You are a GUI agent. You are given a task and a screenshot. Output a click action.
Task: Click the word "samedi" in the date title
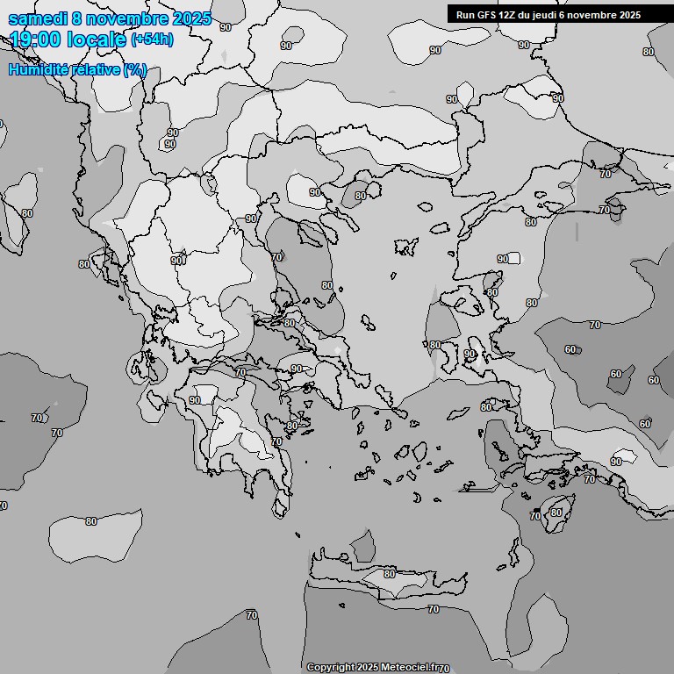pos(34,18)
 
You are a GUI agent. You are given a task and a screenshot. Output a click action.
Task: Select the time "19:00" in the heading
pos(37,39)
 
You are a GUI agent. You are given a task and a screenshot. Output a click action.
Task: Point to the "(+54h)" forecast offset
pos(152,39)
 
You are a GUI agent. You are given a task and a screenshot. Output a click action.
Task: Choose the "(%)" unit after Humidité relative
pos(135,69)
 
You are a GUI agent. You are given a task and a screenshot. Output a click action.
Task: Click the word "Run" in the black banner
pos(464,15)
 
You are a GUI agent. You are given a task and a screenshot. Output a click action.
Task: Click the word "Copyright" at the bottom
pos(330,668)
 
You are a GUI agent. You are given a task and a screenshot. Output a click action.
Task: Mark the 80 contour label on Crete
pos(390,574)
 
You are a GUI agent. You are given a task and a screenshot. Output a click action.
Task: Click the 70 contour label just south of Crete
pos(433,609)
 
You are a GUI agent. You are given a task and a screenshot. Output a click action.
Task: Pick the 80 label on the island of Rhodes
pos(556,513)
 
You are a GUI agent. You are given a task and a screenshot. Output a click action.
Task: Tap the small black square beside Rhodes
pos(536,510)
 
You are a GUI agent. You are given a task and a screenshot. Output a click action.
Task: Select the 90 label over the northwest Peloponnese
pos(195,400)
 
